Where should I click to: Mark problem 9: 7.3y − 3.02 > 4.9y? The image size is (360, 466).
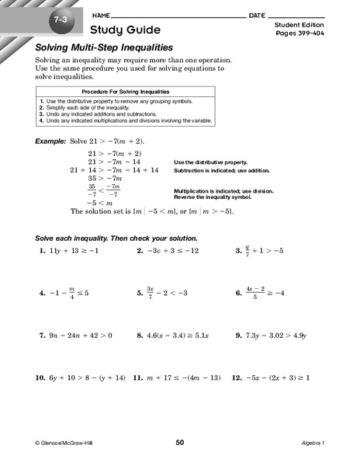point(272,336)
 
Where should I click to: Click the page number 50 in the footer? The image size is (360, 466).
point(180,443)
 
